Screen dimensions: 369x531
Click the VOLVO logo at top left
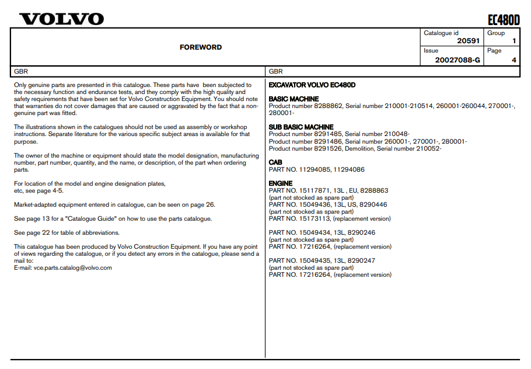(x=61, y=19)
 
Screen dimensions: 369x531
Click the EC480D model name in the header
(x=503, y=20)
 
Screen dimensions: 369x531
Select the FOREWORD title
(x=200, y=47)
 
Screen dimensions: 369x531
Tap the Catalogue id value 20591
(x=469, y=41)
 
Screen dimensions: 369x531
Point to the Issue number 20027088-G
(x=457, y=60)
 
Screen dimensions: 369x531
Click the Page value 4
(x=513, y=60)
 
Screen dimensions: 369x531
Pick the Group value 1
(x=513, y=41)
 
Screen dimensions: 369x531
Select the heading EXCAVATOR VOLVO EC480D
(x=312, y=85)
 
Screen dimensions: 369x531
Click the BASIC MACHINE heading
(x=294, y=99)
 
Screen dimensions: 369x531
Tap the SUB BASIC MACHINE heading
(x=301, y=127)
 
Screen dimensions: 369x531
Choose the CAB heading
(x=275, y=162)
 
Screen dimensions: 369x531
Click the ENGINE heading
(x=281, y=183)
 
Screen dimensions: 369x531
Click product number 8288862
(x=327, y=106)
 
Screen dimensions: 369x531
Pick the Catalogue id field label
(x=441, y=33)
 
